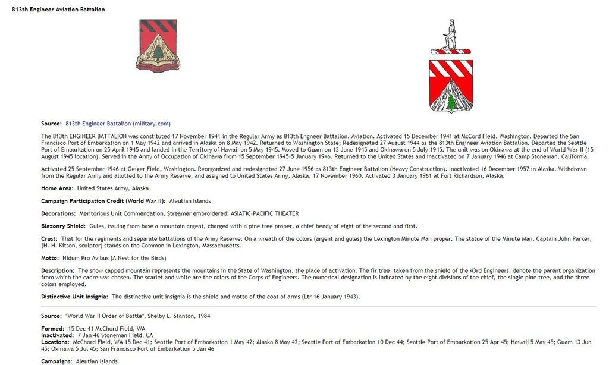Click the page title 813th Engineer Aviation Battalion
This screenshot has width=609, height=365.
[58, 10]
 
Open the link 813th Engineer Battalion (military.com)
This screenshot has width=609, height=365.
[118, 124]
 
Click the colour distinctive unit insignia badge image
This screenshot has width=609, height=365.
[158, 46]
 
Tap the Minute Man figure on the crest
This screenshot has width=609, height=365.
[451, 34]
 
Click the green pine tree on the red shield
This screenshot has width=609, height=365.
[451, 103]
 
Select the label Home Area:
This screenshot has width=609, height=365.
[57, 188]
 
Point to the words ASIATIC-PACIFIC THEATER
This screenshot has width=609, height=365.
[260, 213]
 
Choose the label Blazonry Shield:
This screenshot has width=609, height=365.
[64, 226]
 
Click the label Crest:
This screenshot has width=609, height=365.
[49, 238]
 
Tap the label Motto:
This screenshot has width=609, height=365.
[51, 258]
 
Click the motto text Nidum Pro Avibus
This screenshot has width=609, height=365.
[84, 258]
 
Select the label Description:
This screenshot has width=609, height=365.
[58, 270]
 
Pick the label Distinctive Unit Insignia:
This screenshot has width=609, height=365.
[74, 296]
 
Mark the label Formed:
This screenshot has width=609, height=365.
[52, 329]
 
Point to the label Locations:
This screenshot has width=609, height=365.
[55, 342]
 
